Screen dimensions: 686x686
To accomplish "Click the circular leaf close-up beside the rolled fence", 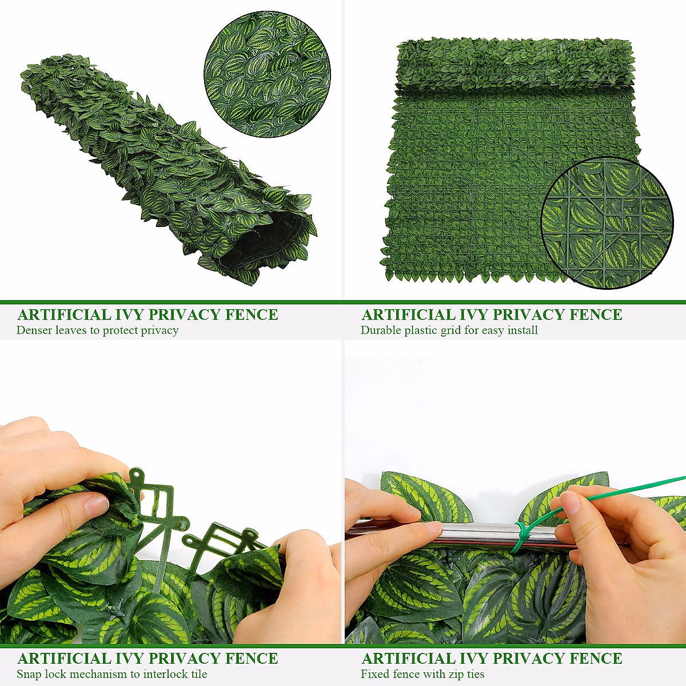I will [268, 74].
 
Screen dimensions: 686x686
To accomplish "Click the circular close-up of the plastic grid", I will [607, 223].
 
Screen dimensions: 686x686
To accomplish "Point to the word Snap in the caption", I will [29, 675].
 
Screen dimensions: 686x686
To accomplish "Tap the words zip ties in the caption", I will [464, 675].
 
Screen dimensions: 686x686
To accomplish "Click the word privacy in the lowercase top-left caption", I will [160, 330].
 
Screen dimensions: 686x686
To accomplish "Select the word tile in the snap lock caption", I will [199, 675].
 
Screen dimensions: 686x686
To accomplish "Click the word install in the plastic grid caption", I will [522, 330].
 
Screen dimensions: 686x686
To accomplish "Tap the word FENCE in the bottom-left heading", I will [252, 659].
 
